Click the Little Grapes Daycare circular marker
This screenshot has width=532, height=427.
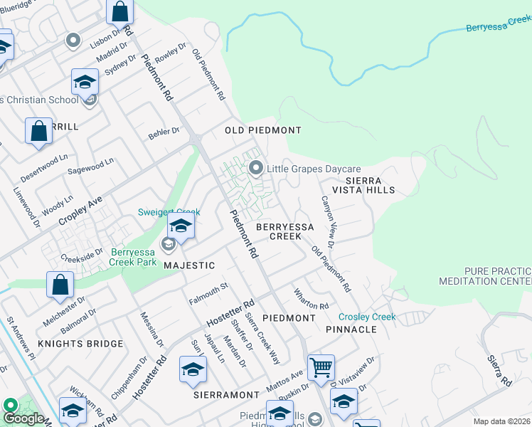(x=256, y=169)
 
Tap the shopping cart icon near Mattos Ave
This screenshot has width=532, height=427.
(x=321, y=367)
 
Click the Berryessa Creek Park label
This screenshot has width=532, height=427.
(x=139, y=256)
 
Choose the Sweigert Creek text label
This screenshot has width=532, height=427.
(x=169, y=212)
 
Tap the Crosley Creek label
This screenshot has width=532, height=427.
(x=366, y=317)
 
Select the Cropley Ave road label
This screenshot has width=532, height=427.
(x=81, y=211)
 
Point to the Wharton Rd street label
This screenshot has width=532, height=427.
(x=312, y=298)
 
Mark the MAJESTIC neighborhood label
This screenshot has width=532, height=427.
(x=189, y=265)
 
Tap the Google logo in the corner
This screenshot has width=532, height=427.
(x=23, y=418)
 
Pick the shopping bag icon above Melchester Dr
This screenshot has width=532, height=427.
(x=60, y=284)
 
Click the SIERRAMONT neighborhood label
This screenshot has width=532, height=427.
(x=226, y=394)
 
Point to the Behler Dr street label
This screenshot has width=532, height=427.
(x=164, y=132)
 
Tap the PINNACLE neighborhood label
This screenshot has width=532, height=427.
(x=351, y=330)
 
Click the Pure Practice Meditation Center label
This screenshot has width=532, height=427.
(x=496, y=276)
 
